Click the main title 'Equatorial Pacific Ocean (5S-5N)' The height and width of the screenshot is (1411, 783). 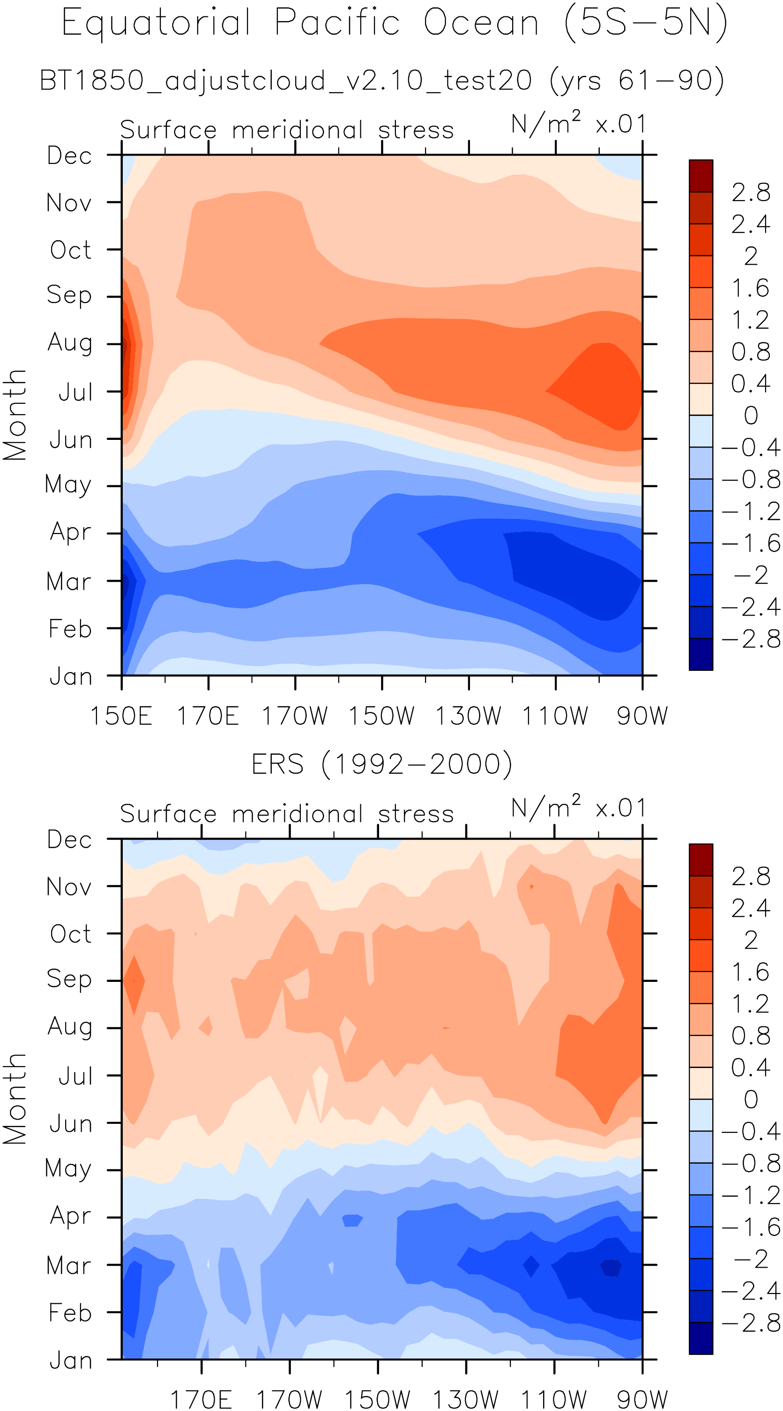tap(394, 23)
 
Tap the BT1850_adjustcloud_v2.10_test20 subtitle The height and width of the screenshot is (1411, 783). tap(382, 81)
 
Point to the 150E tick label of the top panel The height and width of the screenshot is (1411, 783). tap(121, 716)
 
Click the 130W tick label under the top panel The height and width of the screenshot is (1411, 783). tap(468, 716)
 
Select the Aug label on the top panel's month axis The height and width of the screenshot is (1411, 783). tap(70, 343)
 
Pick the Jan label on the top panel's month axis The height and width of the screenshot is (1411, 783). tap(71, 677)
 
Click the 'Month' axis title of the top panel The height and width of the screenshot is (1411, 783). tap(15, 415)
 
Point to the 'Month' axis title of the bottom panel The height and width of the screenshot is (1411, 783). tap(15, 1098)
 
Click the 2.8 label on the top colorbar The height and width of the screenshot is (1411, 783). tap(751, 192)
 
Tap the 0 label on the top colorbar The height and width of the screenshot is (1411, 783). tap(751, 415)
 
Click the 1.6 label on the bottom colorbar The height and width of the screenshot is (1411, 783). tap(751, 972)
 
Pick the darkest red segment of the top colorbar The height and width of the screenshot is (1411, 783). tap(701, 176)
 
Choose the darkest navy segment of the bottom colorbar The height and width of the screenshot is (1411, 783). tap(701, 1338)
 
